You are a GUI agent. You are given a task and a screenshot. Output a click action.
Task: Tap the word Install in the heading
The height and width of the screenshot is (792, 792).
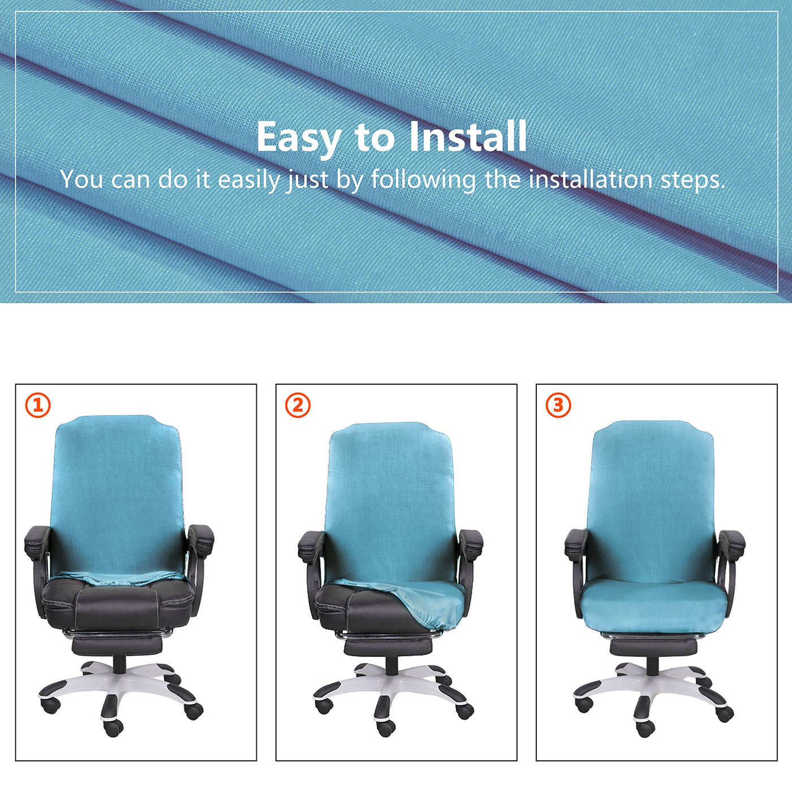[x=467, y=136]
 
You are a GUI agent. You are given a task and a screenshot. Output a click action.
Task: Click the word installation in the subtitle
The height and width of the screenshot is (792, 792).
[x=591, y=179]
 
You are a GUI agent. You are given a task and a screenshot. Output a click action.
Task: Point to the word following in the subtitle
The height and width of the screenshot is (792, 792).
[x=424, y=180]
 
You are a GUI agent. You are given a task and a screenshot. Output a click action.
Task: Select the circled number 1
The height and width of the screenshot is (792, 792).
[x=38, y=405]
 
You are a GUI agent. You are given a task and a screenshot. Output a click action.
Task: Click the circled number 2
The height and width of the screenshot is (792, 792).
[x=298, y=405]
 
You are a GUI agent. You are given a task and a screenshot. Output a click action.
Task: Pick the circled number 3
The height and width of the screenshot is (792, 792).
[x=558, y=405]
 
